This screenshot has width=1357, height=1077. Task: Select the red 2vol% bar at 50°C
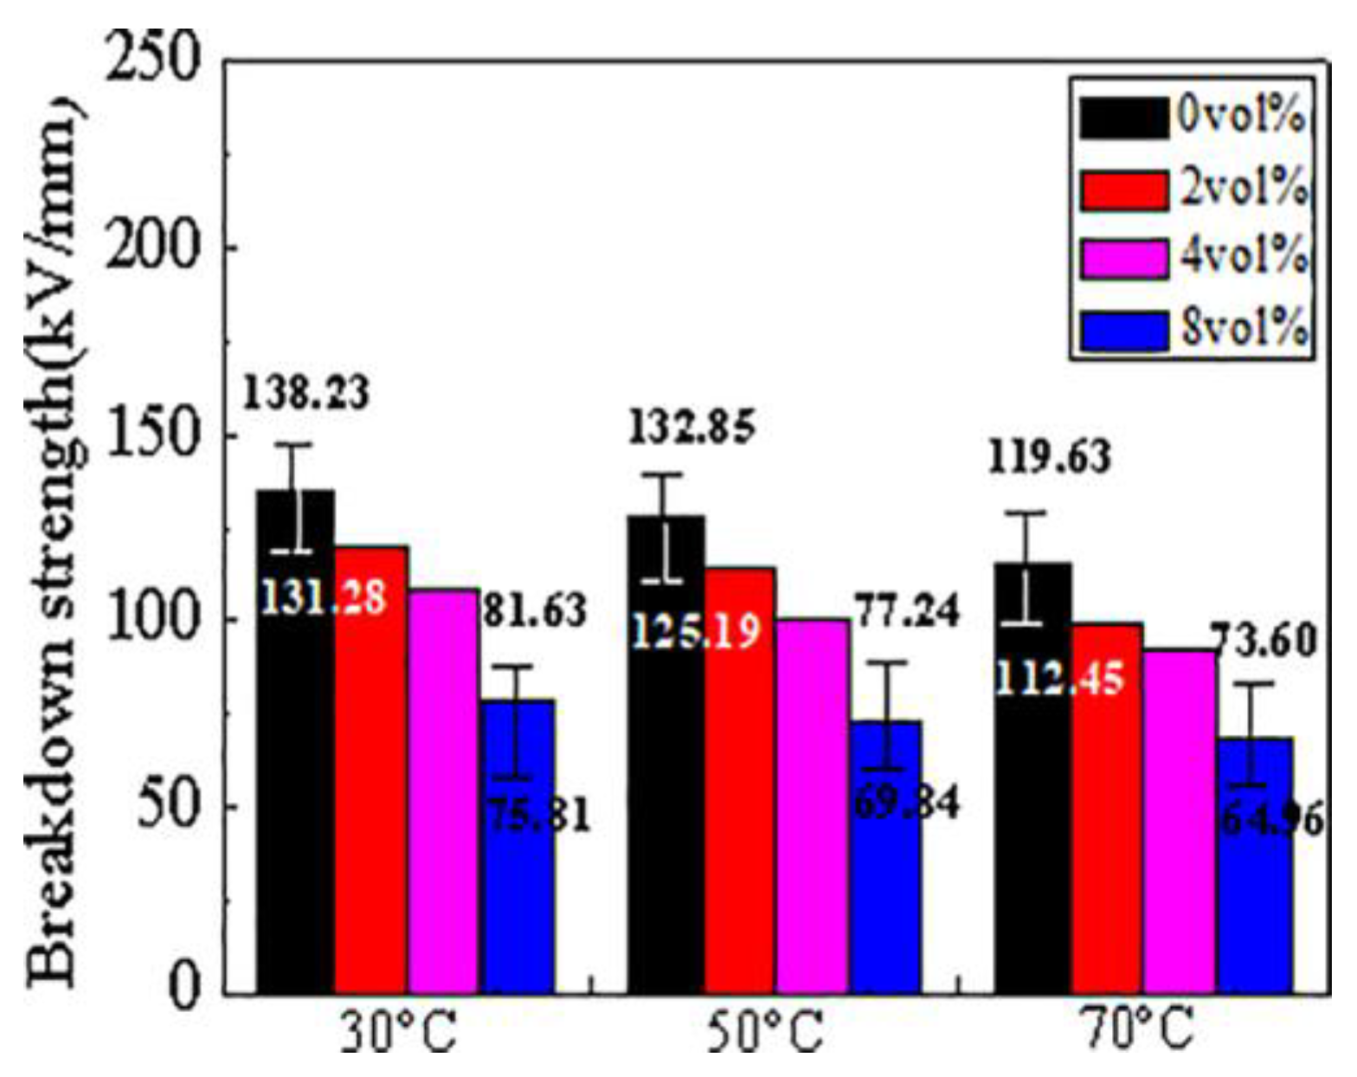(739, 779)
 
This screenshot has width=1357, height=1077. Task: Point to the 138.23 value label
(305, 392)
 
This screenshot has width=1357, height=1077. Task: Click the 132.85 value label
(691, 428)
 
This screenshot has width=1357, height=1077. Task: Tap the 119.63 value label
(1049, 457)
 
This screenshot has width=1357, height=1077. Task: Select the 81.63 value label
(534, 610)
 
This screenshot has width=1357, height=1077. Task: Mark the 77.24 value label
(907, 611)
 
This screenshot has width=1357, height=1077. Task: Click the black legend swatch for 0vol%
(1122, 117)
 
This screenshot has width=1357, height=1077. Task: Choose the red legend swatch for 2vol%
(1122, 190)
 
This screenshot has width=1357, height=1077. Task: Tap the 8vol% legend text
(1243, 329)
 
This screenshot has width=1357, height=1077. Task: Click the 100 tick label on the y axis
(151, 620)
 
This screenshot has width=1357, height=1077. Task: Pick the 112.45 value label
(1060, 677)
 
